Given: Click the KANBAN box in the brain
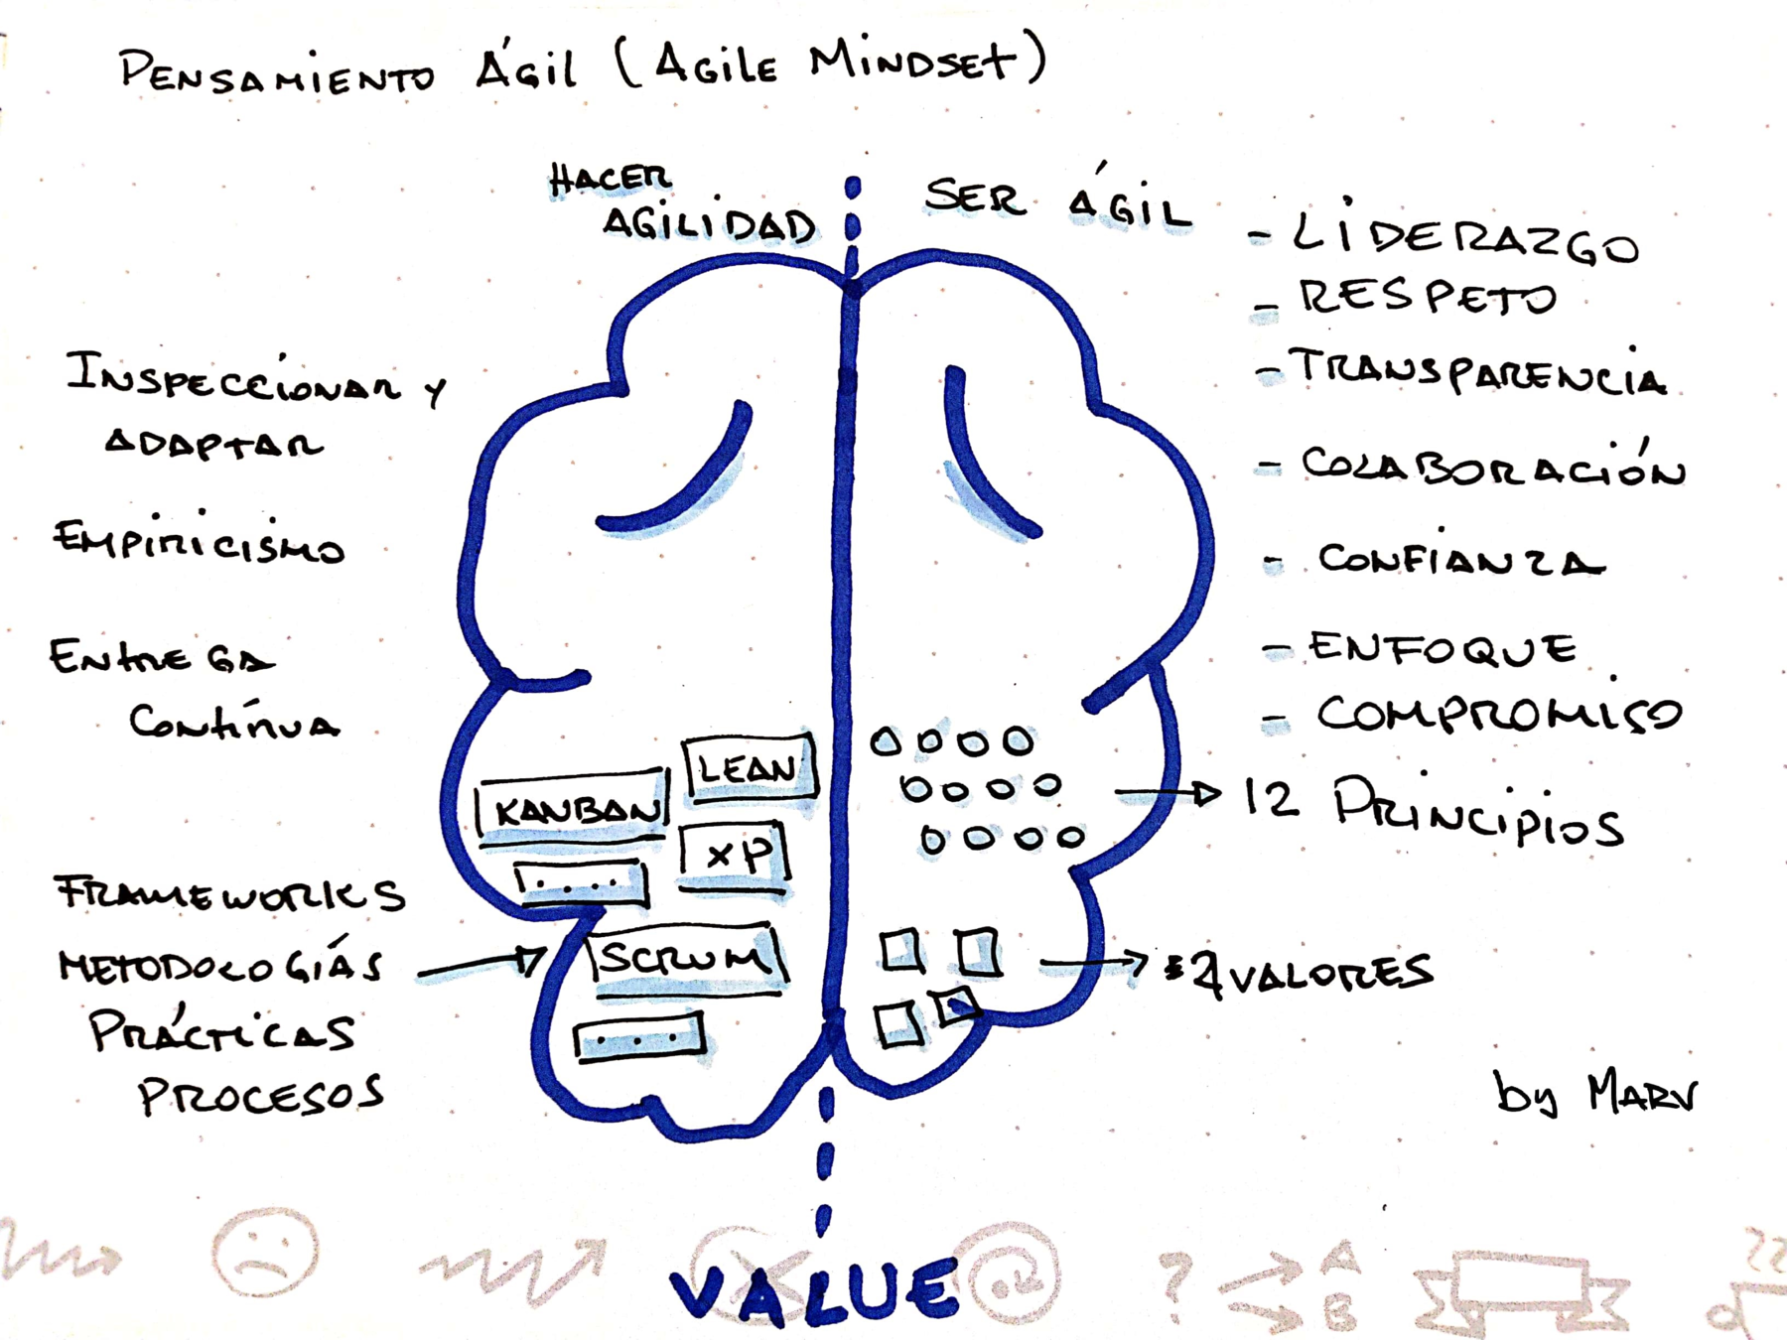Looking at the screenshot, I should pyautogui.click(x=574, y=808).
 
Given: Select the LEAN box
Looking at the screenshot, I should pyautogui.click(x=750, y=767).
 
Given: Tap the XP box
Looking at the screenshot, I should pyautogui.click(x=736, y=854).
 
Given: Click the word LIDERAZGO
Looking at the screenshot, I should pyautogui.click(x=1464, y=239).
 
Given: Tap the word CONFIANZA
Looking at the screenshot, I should pyautogui.click(x=1459, y=560).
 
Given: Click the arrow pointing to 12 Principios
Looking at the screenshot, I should pyautogui.click(x=1168, y=793).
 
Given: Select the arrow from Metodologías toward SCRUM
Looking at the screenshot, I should pyautogui.click(x=481, y=965).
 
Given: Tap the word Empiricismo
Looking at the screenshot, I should pyautogui.click(x=199, y=541).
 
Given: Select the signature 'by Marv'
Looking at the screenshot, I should pyautogui.click(x=1594, y=1094).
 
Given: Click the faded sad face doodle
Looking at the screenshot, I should pyautogui.click(x=265, y=1253).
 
